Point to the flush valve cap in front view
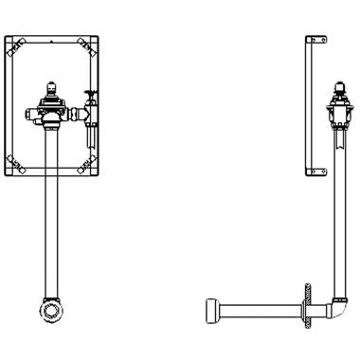(x=50, y=87)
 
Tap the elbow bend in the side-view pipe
(x=333, y=307)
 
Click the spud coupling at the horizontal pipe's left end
(x=210, y=309)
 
